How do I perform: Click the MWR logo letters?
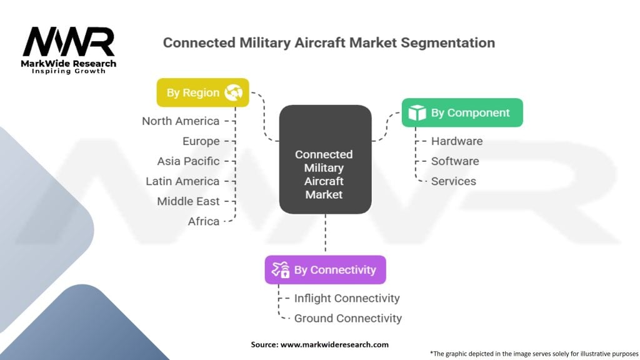click(69, 42)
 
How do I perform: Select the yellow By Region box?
click(203, 92)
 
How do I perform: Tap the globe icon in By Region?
click(234, 92)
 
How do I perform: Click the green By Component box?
click(462, 112)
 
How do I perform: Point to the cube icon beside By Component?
click(417, 112)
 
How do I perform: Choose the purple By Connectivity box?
click(325, 270)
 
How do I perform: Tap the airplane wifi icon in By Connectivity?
click(281, 270)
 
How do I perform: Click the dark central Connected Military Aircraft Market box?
click(325, 159)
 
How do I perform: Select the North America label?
click(181, 121)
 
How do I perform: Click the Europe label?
click(201, 141)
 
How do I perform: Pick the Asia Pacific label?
click(188, 161)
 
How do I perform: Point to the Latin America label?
click(182, 181)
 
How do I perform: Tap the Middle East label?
click(188, 201)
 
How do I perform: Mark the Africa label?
click(204, 221)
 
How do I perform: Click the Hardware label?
click(457, 141)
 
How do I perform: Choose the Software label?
click(455, 161)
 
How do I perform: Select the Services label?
click(454, 181)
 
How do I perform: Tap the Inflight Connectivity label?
click(347, 298)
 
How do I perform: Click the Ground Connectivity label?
click(347, 318)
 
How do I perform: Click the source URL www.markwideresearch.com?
click(334, 344)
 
